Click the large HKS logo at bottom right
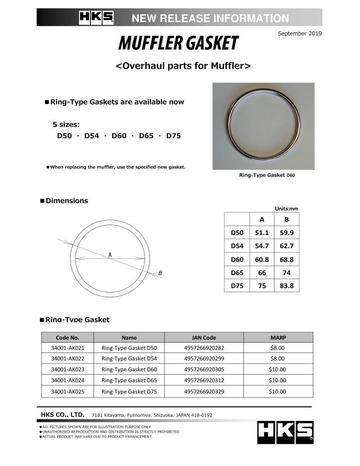[285, 432]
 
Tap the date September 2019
[300, 33]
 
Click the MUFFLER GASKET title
[178, 43]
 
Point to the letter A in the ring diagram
[110, 255]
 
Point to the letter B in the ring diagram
[160, 273]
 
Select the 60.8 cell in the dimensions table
[262, 259]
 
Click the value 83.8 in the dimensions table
[287, 285]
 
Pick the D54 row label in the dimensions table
[237, 246]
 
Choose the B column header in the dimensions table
[287, 220]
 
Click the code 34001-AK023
[67, 370]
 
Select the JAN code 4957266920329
[204, 392]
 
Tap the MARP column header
[278, 337]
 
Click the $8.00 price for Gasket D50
[278, 348]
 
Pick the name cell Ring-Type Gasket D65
[129, 380]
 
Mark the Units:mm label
[286, 208]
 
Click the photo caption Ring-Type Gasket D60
[267, 175]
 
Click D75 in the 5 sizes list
[173, 136]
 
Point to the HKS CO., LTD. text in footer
[63, 415]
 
